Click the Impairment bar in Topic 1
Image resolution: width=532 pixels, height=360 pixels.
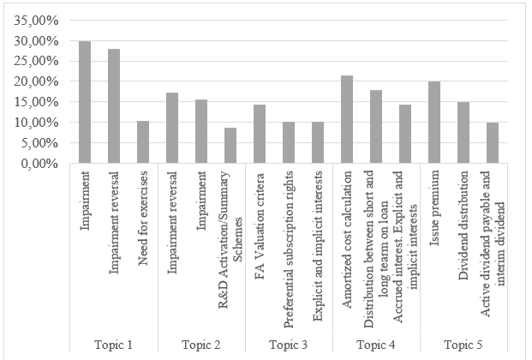click(85, 101)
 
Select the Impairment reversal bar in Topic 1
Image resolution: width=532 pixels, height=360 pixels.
click(114, 105)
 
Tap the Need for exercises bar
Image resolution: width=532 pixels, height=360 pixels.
click(143, 141)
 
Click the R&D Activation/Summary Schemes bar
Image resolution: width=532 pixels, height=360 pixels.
click(230, 145)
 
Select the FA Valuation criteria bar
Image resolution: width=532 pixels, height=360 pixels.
click(260, 134)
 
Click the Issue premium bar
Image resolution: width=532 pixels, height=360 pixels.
click(434, 123)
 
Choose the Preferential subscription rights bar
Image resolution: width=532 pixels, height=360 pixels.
click(289, 142)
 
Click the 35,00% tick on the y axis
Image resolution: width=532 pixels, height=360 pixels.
click(37, 20)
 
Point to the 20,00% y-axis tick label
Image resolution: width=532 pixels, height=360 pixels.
click(37, 81)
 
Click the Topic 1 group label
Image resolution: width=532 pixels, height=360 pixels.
click(114, 345)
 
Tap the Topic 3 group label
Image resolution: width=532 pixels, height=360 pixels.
click(289, 345)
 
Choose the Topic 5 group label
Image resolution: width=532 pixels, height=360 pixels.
click(463, 345)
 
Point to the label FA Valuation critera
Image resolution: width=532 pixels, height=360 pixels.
click(260, 207)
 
